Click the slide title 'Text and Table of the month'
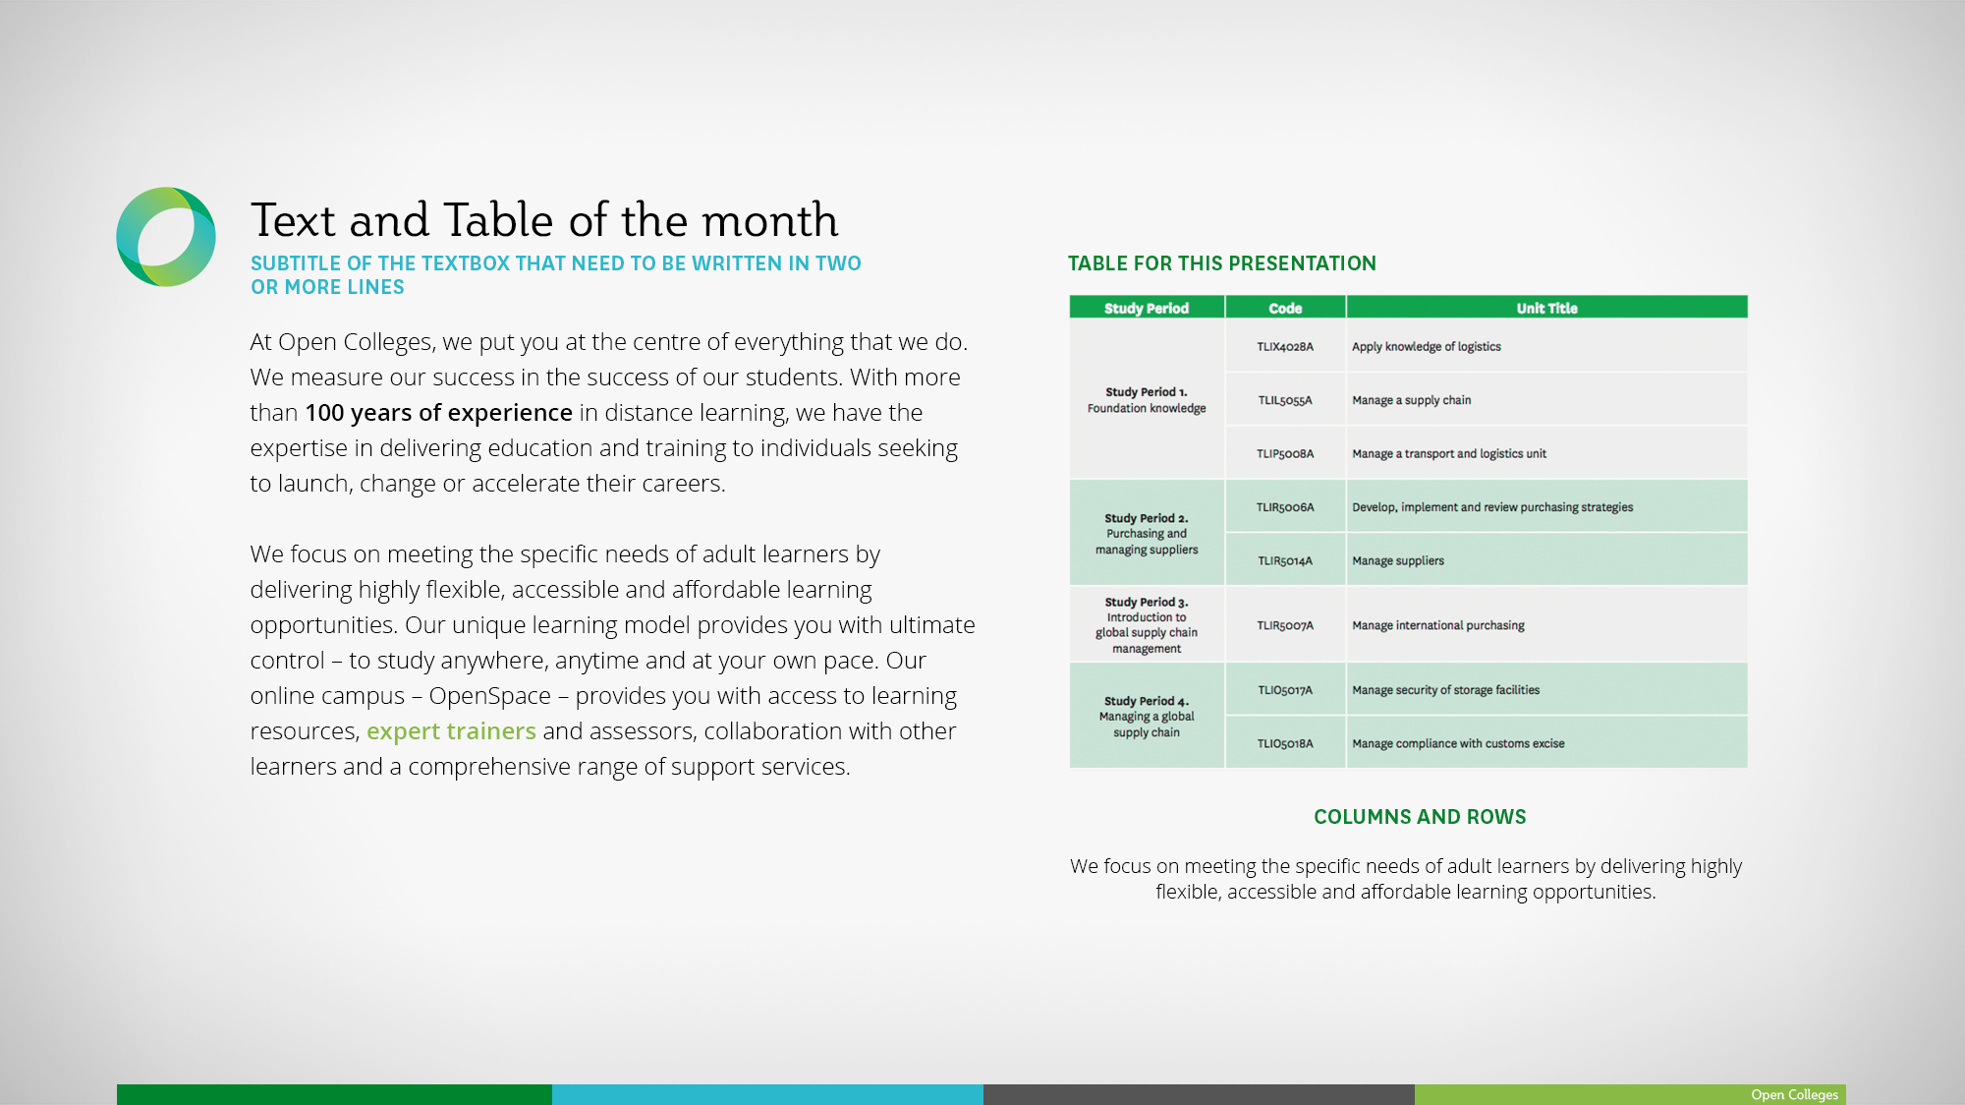[x=544, y=219]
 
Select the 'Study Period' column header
[x=1147, y=308]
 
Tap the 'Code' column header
[x=1285, y=308]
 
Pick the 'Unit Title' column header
[x=1546, y=308]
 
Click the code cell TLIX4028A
[x=1285, y=347]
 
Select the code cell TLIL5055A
[x=1285, y=400]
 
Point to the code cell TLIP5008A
[x=1285, y=454]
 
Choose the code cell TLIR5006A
[x=1285, y=507]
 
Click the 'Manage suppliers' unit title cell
[x=1398, y=561]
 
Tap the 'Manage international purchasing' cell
[x=1438, y=625]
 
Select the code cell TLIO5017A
[x=1285, y=690]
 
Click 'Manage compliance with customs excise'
[x=1458, y=744]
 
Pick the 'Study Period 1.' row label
[x=1147, y=392]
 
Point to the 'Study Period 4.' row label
[x=1147, y=701]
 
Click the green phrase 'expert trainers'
[x=451, y=731]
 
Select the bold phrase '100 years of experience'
[x=438, y=413]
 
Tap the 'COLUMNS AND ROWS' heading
[x=1420, y=817]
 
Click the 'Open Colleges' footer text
[x=1794, y=1094]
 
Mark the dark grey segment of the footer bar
[x=1199, y=1094]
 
